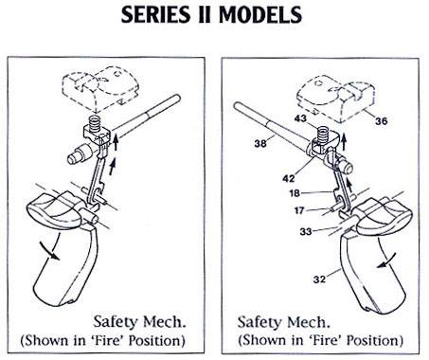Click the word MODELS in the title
260,14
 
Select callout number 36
381,121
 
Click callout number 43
300,118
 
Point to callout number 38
260,144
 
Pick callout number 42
289,178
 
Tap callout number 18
295,193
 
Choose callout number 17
299,210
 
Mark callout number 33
306,232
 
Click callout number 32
319,279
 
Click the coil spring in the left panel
95,123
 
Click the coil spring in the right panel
323,134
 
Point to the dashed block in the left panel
99,91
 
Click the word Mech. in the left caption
164,322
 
